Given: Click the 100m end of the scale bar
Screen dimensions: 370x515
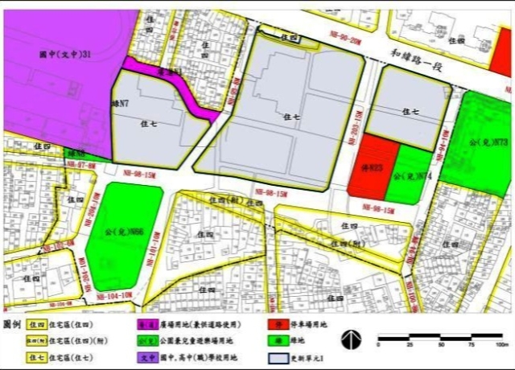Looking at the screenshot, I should (501, 336).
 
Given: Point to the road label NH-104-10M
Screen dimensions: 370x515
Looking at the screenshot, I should (115, 295).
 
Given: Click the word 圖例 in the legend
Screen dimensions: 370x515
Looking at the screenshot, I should (12, 323).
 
